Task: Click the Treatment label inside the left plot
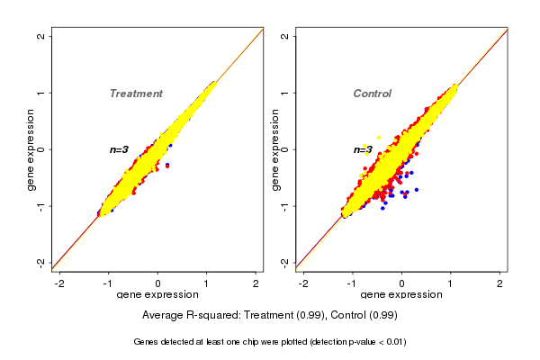pyautogui.click(x=136, y=94)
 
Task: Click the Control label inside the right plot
pyautogui.click(x=372, y=94)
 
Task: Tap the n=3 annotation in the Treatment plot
pyautogui.click(x=120, y=149)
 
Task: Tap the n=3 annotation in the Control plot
pyautogui.click(x=363, y=149)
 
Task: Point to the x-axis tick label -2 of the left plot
pyautogui.click(x=58, y=282)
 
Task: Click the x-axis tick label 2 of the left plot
pyautogui.click(x=256, y=282)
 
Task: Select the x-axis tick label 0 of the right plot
pyautogui.click(x=401, y=282)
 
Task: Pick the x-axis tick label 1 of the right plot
pyautogui.click(x=451, y=282)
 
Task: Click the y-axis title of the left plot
pyautogui.click(x=31, y=149)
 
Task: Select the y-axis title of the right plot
pyautogui.click(x=275, y=149)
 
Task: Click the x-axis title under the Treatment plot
pyautogui.click(x=157, y=295)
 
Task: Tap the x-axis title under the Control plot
pyautogui.click(x=401, y=295)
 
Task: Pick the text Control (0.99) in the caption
pyautogui.click(x=364, y=315)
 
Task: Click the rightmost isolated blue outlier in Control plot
pyautogui.click(x=417, y=190)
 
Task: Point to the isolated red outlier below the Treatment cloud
pyautogui.click(x=167, y=166)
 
